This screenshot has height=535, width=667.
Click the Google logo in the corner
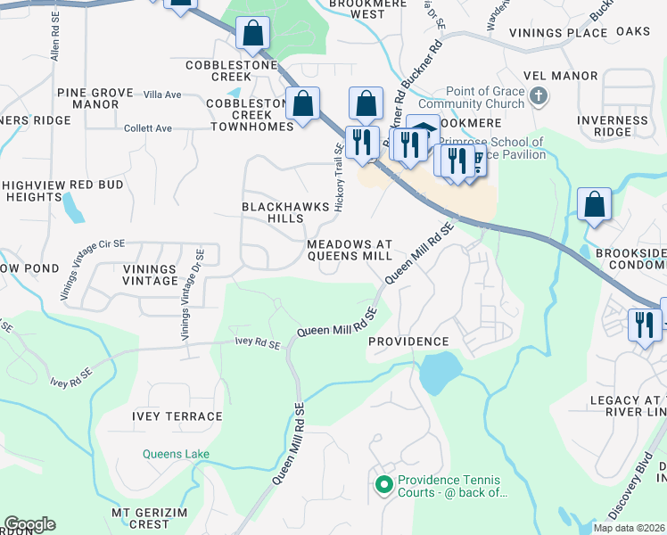tap(29, 524)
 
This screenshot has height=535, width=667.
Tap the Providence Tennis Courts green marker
tap(384, 485)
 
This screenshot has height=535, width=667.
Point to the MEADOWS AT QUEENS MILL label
tap(349, 250)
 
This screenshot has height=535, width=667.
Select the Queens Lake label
tap(176, 455)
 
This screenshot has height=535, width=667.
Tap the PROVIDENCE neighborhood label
tap(408, 342)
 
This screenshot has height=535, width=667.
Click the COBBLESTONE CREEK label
tap(232, 71)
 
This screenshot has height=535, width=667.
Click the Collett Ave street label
tap(148, 128)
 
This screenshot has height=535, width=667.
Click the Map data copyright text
tap(630, 528)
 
